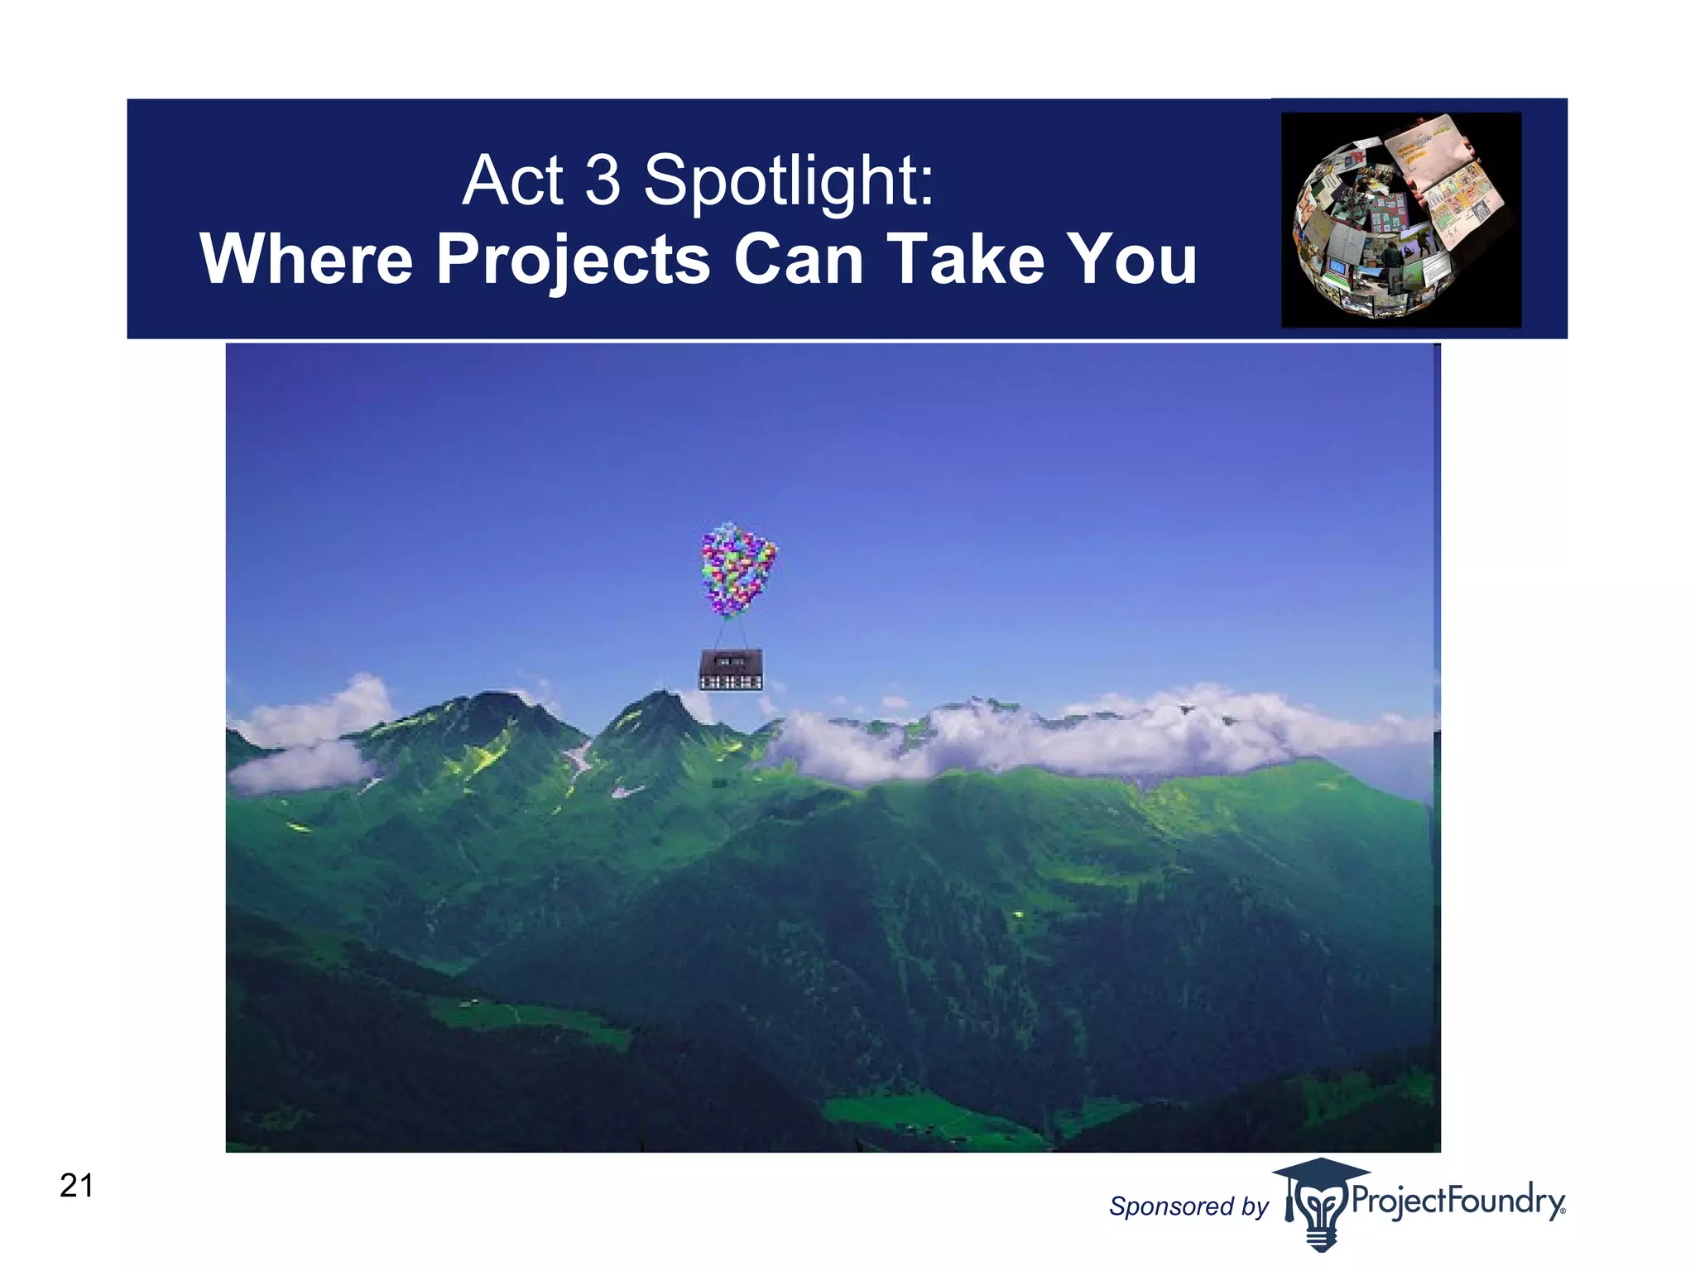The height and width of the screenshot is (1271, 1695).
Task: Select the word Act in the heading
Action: [513, 180]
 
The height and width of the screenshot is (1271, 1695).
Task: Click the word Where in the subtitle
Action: [306, 259]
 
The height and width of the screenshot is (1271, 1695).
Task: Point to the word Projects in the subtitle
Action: [573, 261]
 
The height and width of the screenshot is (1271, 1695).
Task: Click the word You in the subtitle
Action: [1131, 259]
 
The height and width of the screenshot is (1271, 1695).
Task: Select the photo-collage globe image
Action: [1400, 219]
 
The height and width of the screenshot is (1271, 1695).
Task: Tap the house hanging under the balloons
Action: [731, 669]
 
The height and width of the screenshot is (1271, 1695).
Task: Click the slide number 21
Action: [76, 1186]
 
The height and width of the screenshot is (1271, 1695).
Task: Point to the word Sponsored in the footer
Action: [1171, 1206]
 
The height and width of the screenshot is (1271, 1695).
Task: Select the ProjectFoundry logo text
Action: [1457, 1200]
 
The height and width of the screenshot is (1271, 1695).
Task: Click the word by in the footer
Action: [1255, 1206]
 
